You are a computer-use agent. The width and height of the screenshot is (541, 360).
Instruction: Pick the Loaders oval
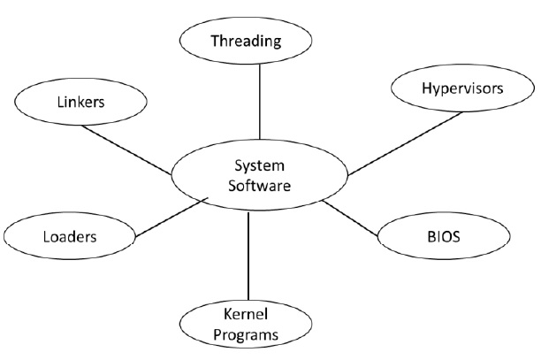click(69, 236)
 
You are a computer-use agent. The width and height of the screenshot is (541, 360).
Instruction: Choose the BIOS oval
click(443, 237)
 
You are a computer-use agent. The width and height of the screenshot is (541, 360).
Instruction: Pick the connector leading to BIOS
click(353, 220)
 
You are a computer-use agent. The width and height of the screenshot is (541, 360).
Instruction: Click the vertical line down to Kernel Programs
click(248, 257)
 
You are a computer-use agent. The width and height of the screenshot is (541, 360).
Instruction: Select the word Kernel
click(246, 314)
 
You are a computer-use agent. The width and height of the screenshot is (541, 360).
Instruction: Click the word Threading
click(246, 41)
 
